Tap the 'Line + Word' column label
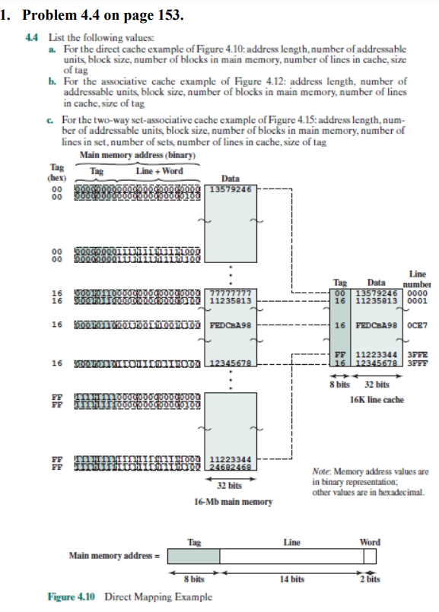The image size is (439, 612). pyautogui.click(x=154, y=171)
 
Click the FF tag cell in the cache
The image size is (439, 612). pyautogui.click(x=340, y=354)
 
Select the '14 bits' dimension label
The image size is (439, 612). pyautogui.click(x=292, y=579)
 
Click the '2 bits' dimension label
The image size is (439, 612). pyautogui.click(x=370, y=579)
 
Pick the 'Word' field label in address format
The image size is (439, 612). pyautogui.click(x=369, y=542)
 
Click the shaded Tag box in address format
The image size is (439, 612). pyautogui.click(x=193, y=556)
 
